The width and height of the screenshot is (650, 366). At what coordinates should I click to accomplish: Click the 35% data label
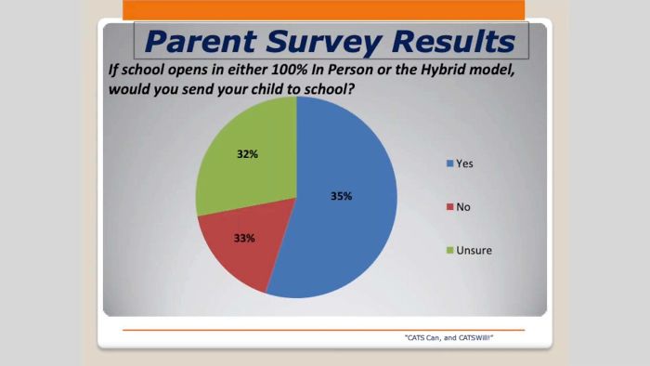click(342, 196)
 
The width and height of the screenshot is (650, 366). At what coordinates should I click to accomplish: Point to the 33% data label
click(245, 238)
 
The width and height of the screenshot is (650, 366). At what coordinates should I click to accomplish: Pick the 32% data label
click(247, 154)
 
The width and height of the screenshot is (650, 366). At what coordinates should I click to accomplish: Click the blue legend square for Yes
click(450, 164)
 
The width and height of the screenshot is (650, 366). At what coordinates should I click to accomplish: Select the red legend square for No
click(450, 207)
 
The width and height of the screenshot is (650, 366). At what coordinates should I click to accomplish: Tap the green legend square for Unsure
click(450, 250)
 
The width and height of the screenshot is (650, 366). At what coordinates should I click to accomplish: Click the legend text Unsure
click(475, 250)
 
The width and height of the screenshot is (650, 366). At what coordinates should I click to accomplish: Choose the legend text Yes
click(465, 164)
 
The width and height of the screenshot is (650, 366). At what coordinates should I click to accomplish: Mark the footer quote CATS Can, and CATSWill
click(449, 338)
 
